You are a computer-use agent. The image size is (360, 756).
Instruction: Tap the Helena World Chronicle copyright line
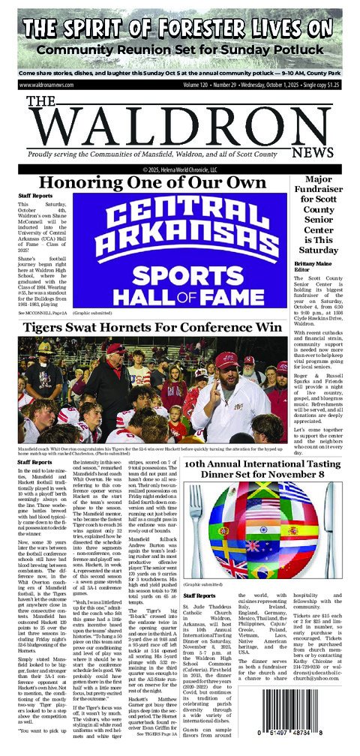[x=180, y=169]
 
